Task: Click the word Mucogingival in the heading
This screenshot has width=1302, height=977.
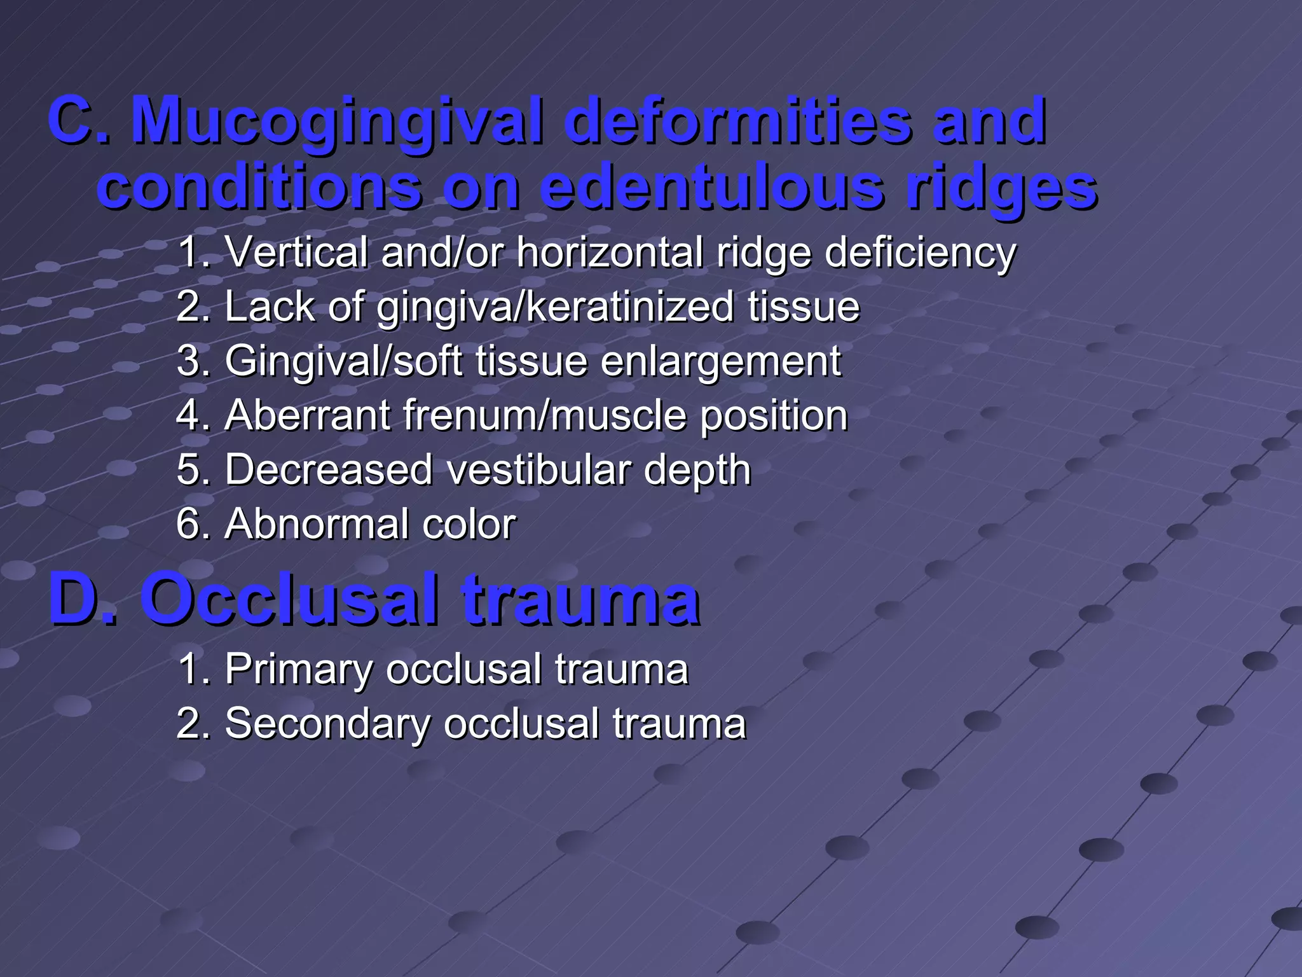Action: [337, 121]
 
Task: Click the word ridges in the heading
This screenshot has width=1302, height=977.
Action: [1001, 188]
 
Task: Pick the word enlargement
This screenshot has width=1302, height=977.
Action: [721, 361]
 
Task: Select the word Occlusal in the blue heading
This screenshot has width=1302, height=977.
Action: [289, 599]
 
